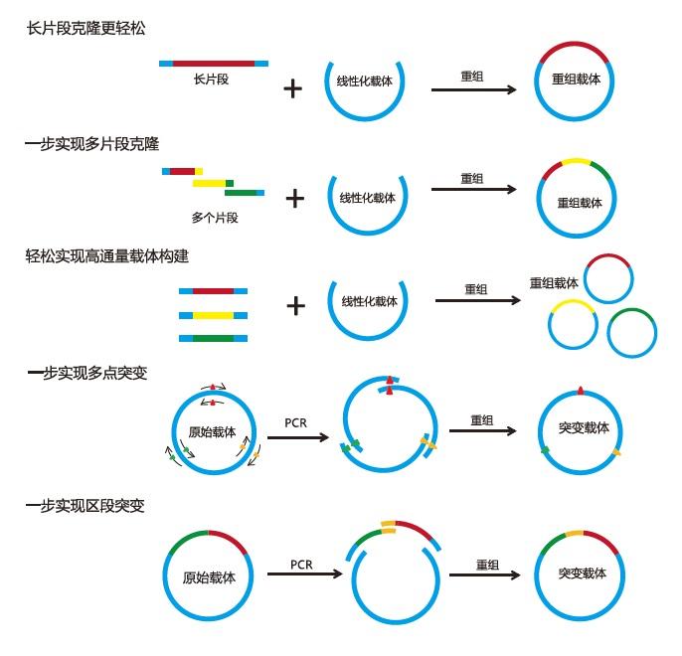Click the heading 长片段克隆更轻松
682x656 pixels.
[85, 28]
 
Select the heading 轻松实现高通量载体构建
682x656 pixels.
[107, 255]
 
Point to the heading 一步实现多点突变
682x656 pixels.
[87, 373]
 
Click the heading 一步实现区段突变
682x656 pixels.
[86, 506]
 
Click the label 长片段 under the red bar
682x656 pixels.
[212, 79]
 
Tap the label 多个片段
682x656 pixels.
[215, 217]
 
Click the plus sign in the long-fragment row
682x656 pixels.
[292, 89]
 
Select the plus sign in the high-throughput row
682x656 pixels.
[295, 305]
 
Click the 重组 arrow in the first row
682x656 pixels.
[473, 89]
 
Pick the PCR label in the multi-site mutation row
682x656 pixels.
[296, 422]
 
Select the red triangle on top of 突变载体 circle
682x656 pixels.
[581, 390]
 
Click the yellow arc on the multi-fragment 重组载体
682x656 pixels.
[575, 159]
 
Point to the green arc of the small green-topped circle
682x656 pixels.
[632, 311]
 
